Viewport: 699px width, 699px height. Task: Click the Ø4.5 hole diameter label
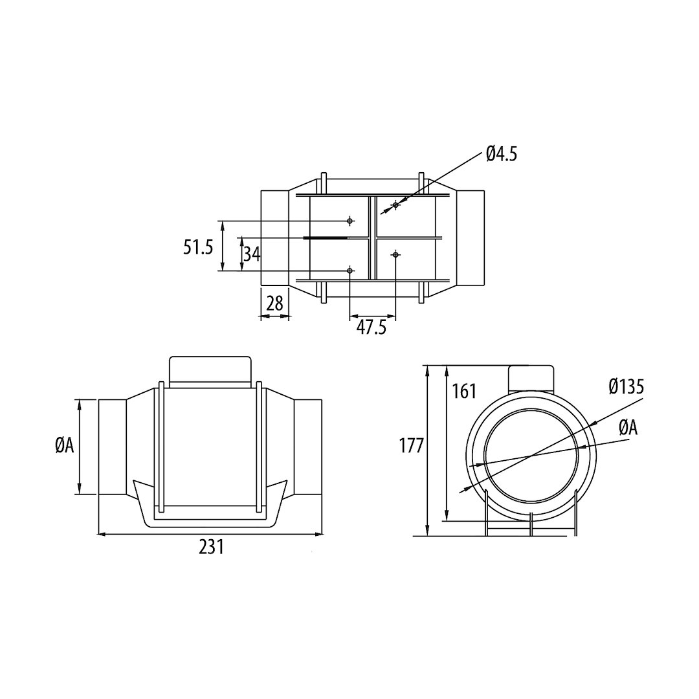coord(502,154)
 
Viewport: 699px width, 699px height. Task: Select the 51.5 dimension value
coord(199,247)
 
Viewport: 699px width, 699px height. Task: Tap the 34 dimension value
coord(252,254)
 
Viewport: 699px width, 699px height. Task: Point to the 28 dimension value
coord(274,304)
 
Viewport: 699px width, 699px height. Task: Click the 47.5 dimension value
coord(372,327)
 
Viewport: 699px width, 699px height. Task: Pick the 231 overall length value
coord(211,547)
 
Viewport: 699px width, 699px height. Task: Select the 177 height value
coord(411,446)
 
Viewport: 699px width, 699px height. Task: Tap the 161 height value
coord(465,392)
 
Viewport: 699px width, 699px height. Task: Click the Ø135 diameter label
coord(627,387)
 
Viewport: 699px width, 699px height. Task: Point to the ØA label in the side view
coord(64,446)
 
